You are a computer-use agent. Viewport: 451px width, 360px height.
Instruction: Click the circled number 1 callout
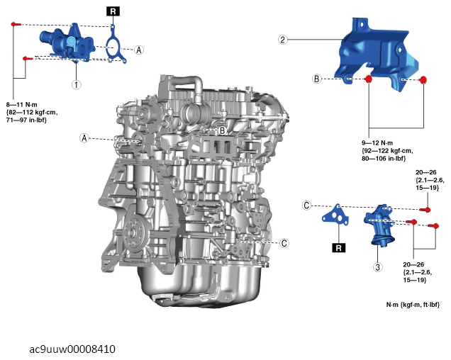point(76,84)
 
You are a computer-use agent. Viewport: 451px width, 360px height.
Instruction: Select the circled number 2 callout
point(283,40)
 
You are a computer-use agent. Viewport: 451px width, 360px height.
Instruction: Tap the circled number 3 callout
point(378,267)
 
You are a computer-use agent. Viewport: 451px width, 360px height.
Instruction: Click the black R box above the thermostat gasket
point(113,11)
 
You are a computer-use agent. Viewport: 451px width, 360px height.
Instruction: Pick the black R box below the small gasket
point(338,248)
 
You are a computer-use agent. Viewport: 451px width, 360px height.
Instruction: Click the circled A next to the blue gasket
point(139,50)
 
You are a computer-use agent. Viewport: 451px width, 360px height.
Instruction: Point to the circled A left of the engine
point(84,138)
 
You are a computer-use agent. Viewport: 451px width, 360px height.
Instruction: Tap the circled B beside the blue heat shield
point(317,79)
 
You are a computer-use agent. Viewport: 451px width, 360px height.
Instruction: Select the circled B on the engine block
point(223,131)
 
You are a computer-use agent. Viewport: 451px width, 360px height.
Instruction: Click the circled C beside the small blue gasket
point(306,206)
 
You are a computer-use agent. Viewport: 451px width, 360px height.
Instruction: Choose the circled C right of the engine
point(284,243)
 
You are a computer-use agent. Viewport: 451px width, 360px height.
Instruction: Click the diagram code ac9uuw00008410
point(72,349)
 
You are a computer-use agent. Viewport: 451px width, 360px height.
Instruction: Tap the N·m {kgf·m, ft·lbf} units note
point(413,305)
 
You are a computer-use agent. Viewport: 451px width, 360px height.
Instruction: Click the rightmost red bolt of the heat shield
point(423,80)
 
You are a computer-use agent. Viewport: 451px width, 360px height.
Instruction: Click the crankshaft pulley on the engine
point(135,233)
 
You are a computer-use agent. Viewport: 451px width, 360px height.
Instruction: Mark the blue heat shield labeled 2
point(377,55)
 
